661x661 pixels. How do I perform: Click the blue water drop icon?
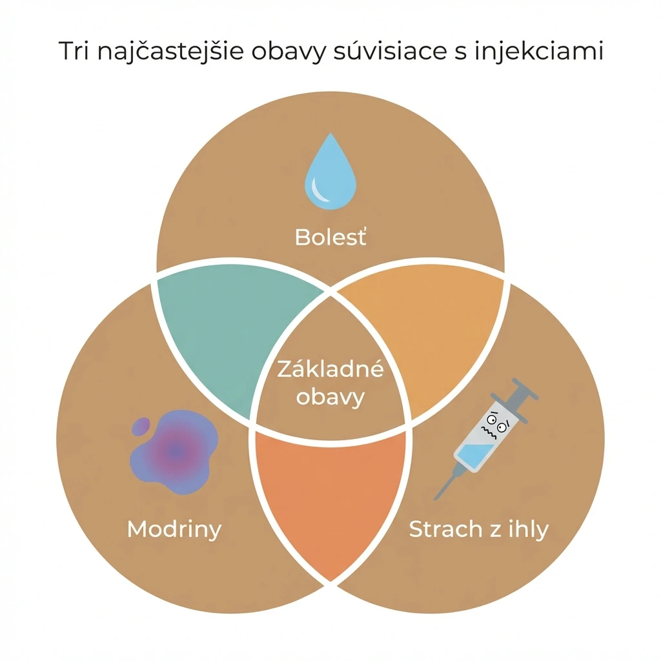click(x=330, y=173)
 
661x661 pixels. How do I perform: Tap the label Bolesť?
click(x=330, y=237)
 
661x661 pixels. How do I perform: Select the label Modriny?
click(x=174, y=529)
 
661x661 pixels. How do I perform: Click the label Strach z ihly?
click(x=479, y=529)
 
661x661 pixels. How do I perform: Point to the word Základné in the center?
click(x=330, y=369)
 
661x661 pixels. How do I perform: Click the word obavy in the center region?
click(x=330, y=397)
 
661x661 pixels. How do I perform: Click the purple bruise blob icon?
click(x=175, y=452)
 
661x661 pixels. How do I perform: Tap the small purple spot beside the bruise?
click(x=141, y=427)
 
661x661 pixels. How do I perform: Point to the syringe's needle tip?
click(x=436, y=499)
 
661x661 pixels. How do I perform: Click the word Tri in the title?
click(x=74, y=51)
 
